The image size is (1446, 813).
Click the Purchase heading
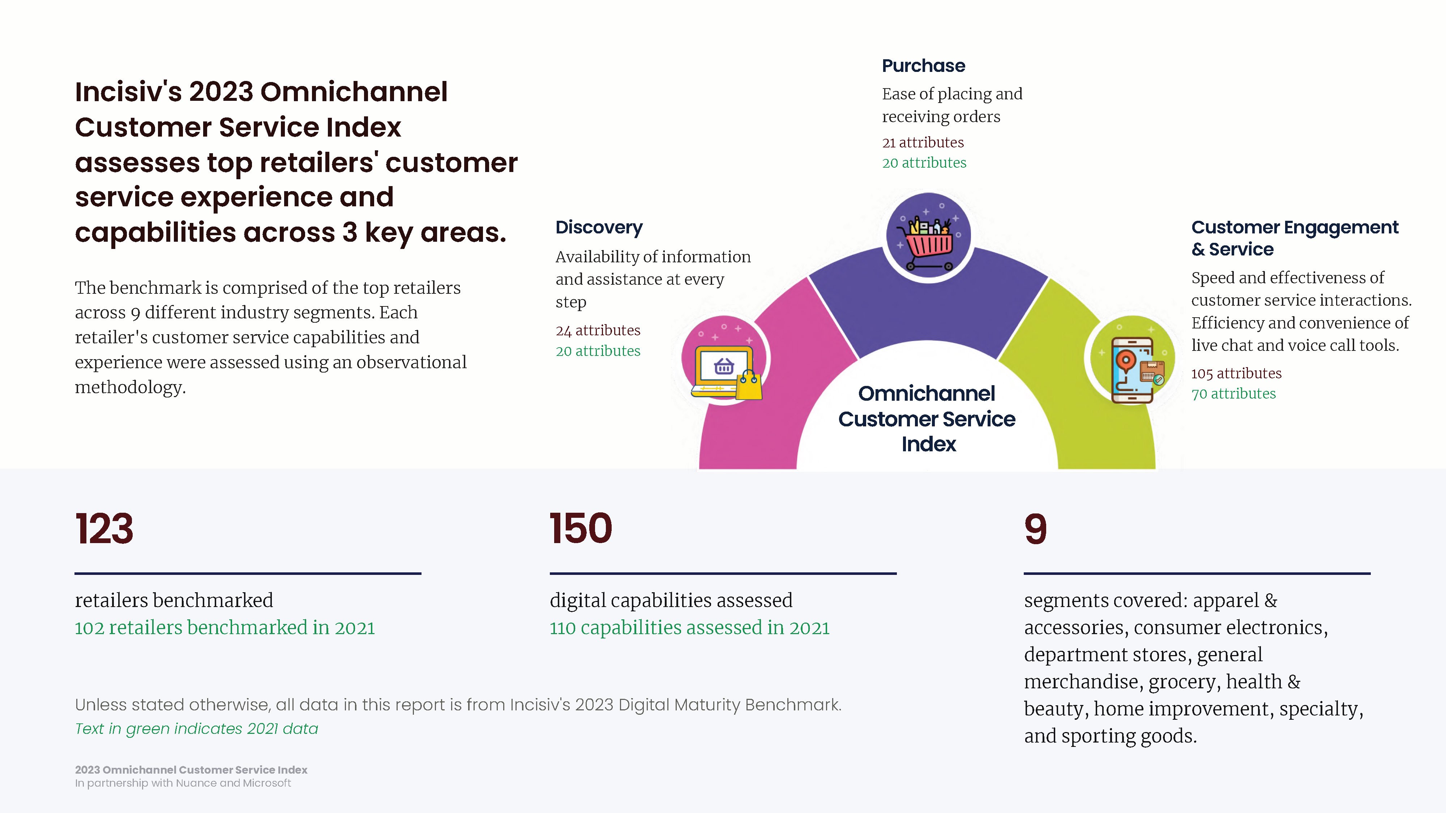(x=923, y=66)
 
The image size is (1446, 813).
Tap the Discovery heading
(x=599, y=227)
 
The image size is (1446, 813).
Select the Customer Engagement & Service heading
(x=1295, y=238)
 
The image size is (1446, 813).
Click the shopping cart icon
(x=928, y=243)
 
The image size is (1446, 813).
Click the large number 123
(x=104, y=529)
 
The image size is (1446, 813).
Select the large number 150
(x=581, y=529)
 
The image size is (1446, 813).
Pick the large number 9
(x=1036, y=529)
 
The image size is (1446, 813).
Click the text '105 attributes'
(x=1236, y=373)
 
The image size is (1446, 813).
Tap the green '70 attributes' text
(x=1233, y=393)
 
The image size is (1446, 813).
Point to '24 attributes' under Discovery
(x=598, y=331)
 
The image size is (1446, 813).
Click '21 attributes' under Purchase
(x=923, y=142)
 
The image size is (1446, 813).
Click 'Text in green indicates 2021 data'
(x=196, y=728)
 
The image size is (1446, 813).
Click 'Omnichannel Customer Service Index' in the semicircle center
(x=927, y=418)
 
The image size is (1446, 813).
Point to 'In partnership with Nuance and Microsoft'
(x=183, y=783)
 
